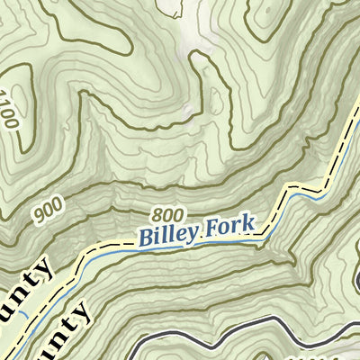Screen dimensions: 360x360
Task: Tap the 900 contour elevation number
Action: [51, 212]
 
